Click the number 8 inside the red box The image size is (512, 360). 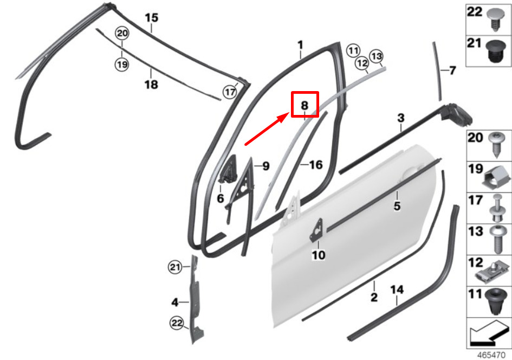[x=304, y=105]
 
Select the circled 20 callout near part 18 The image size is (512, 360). [x=122, y=33]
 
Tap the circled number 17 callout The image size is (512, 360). [x=230, y=92]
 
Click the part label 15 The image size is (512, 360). [x=152, y=18]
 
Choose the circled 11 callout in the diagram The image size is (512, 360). [x=353, y=50]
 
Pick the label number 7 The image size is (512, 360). [x=452, y=70]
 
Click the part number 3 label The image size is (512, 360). [x=401, y=118]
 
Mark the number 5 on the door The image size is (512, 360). [x=397, y=206]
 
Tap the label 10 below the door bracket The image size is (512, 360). [x=319, y=255]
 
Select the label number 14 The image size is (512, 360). [x=397, y=290]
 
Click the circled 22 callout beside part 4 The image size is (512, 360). [x=177, y=324]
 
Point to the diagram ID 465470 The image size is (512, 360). [x=491, y=355]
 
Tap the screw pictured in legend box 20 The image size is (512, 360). [x=497, y=144]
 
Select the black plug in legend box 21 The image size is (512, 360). [x=496, y=51]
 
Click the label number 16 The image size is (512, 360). [x=316, y=165]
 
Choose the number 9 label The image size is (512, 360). [x=266, y=166]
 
